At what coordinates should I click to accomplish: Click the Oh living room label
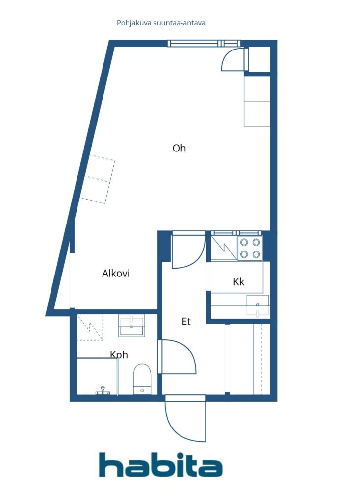tap(179, 148)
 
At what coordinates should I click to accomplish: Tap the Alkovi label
tap(116, 274)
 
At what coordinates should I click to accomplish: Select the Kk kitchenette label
tap(239, 282)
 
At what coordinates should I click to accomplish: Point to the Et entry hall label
tap(186, 322)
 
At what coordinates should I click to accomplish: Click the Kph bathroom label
tap(119, 354)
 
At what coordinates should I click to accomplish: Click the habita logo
tap(160, 465)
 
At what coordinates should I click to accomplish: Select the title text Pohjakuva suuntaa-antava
tap(161, 23)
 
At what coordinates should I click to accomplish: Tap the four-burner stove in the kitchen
tap(250, 248)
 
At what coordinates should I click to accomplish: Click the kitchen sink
tap(257, 305)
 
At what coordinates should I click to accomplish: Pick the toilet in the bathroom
tap(142, 378)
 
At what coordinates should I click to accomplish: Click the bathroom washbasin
tap(131, 325)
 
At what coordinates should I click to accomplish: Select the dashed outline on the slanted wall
tap(98, 179)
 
